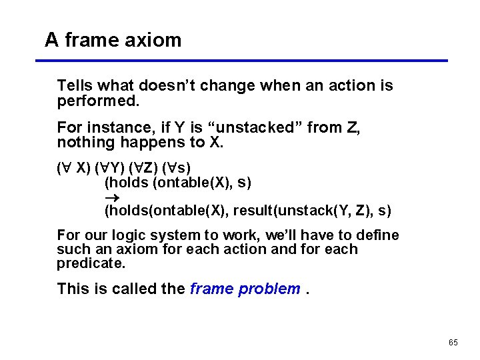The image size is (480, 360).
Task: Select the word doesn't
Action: pyautogui.click(x=170, y=85)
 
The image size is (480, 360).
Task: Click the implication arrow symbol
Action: pyautogui.click(x=111, y=197)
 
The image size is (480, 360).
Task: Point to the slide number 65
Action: pyautogui.click(x=453, y=342)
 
